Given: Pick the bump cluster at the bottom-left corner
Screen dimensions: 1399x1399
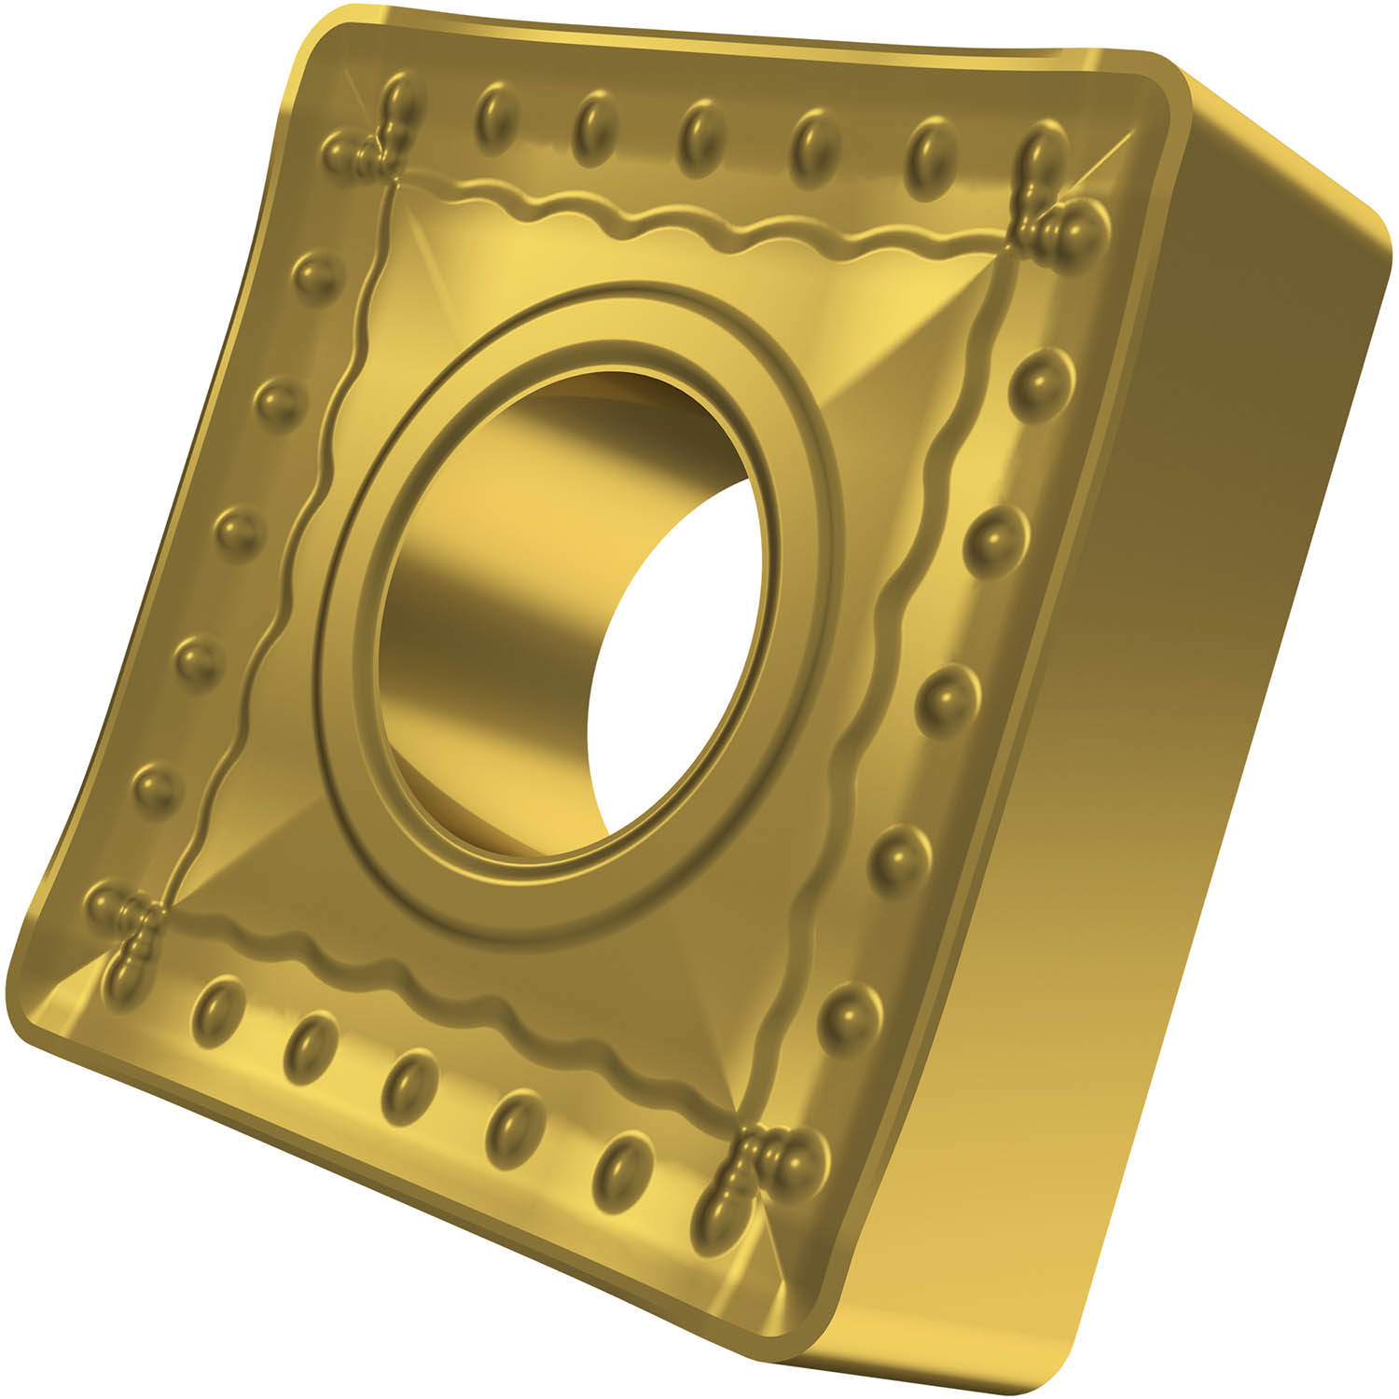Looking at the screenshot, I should (x=126, y=928).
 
